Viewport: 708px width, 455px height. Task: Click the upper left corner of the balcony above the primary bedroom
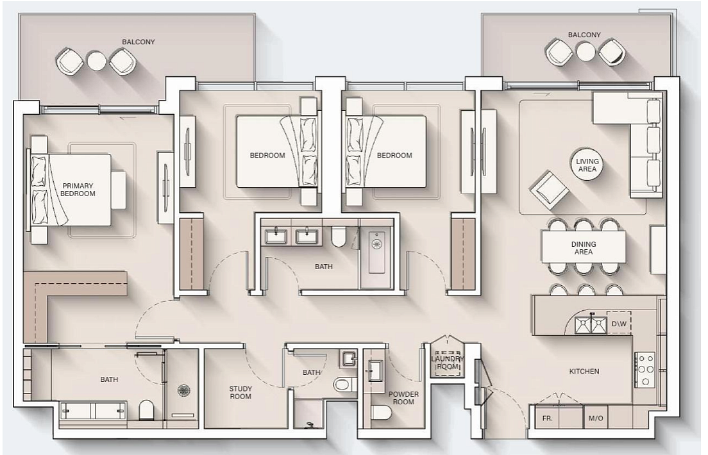tap(19, 13)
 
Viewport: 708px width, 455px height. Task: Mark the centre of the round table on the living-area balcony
tap(586, 51)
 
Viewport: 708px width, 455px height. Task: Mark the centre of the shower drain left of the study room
tap(183, 390)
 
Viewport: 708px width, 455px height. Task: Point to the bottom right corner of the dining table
tap(625, 263)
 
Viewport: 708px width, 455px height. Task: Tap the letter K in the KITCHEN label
tap(571, 371)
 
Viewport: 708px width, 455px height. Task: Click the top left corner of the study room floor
tap(205, 349)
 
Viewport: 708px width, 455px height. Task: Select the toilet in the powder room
tap(382, 412)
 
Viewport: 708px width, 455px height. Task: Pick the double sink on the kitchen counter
tap(591, 324)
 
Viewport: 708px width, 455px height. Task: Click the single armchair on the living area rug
tap(548, 190)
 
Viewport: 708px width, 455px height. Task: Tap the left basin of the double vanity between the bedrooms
tap(275, 236)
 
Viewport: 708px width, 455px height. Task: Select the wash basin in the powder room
tap(375, 370)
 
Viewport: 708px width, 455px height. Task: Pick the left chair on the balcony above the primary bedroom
tap(69, 62)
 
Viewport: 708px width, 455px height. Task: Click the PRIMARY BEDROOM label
tap(78, 190)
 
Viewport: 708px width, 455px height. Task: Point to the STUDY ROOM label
tap(240, 392)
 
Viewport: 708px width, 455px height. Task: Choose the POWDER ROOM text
tap(403, 398)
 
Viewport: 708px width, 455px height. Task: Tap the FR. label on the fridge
tap(547, 418)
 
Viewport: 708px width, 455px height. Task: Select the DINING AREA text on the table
tap(584, 248)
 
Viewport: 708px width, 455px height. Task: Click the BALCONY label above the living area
tap(584, 35)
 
